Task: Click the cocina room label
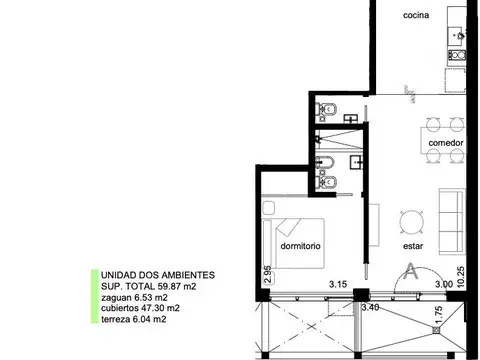[416, 16]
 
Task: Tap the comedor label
[445, 143]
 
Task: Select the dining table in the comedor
[444, 125]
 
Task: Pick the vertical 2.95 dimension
[268, 276]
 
